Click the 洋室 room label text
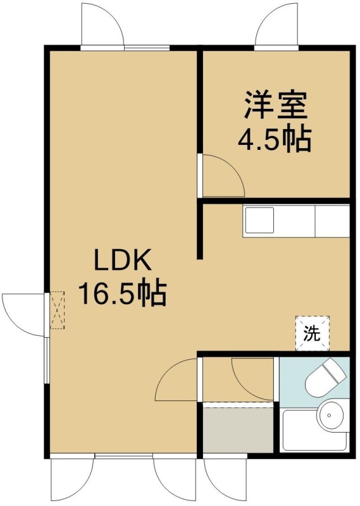275,105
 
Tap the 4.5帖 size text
275,139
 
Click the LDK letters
122,260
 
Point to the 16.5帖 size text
122,293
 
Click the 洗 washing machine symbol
313,333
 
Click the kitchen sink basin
259,220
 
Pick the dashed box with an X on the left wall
58,310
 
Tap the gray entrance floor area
238,430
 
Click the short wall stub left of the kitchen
200,231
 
